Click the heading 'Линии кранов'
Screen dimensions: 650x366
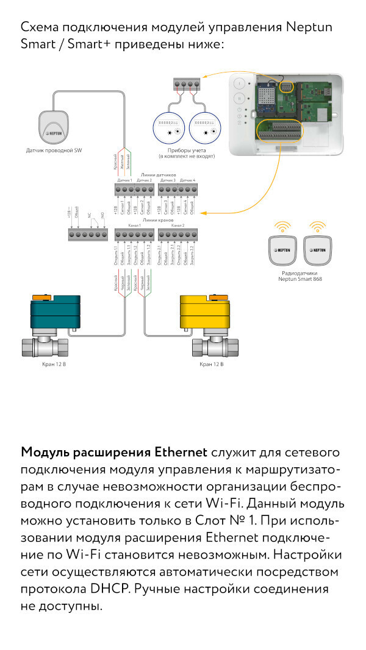155,221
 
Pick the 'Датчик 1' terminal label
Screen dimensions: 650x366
124,180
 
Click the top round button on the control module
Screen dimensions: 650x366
240,83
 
